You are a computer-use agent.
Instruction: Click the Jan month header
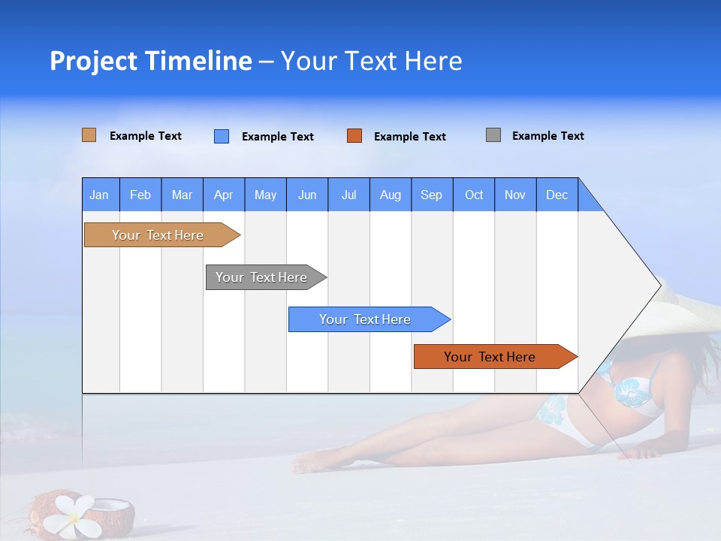pos(100,195)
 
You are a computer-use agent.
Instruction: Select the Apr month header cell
pos(224,195)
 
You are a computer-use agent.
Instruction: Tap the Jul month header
pos(348,195)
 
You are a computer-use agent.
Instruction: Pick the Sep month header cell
pos(432,195)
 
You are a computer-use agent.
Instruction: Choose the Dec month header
pos(557,195)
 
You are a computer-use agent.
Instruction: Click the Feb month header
pos(140,195)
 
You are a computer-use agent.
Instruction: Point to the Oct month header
pos(474,195)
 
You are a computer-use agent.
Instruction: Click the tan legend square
pos(89,135)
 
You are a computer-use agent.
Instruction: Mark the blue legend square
pos(222,136)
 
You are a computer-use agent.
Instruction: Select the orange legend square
pos(354,136)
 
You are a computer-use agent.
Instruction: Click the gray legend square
pos(493,135)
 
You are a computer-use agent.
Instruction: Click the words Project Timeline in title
pos(151,61)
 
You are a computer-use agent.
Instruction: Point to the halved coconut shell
pos(113,514)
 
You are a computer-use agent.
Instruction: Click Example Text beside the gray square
pos(548,136)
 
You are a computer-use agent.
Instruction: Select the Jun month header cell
pos(307,195)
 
